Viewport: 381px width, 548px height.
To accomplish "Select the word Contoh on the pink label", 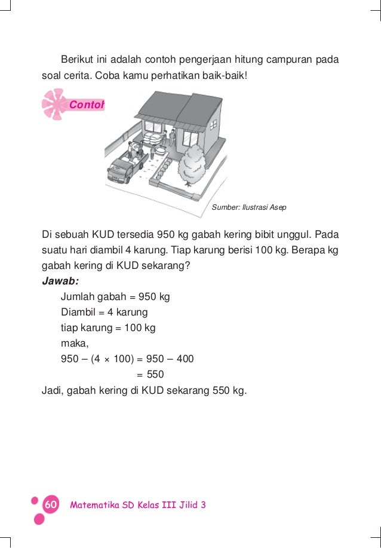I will click(87, 105).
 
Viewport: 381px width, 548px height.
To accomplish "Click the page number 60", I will click(50, 505).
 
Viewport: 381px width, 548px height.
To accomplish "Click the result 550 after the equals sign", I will click(155, 375).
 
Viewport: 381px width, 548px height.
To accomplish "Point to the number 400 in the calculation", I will click(184, 359).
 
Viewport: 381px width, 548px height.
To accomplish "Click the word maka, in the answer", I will click(75, 344).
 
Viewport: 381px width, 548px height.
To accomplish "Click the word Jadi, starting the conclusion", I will click(53, 391).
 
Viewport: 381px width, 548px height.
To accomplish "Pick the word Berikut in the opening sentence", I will click(76, 61).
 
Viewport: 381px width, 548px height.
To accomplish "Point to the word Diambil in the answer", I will click(78, 312).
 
